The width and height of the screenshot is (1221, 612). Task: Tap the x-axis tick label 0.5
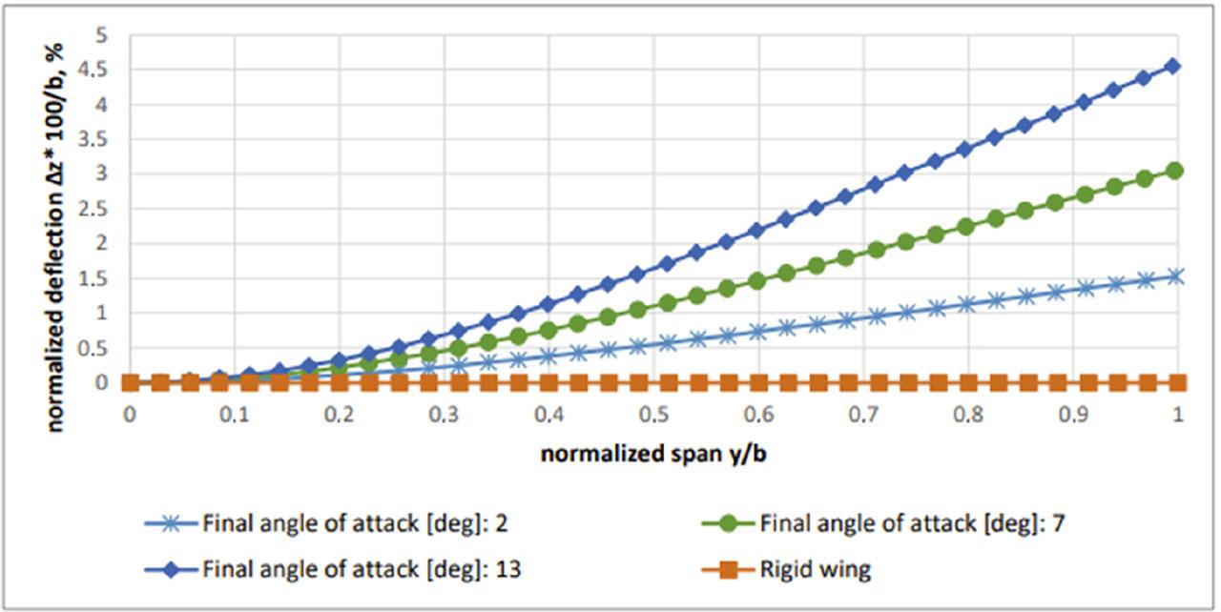tap(653, 416)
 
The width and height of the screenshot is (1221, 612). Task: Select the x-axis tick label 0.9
tap(1073, 416)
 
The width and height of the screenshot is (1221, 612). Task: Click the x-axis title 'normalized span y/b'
tap(653, 455)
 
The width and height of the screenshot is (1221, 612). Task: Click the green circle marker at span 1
tap(1175, 171)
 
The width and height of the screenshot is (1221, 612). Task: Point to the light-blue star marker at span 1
tap(1175, 276)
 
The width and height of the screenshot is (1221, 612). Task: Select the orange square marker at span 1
tap(1177, 382)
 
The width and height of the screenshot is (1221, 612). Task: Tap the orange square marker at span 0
tap(131, 382)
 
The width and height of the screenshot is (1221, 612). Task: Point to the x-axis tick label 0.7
tap(863, 416)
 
